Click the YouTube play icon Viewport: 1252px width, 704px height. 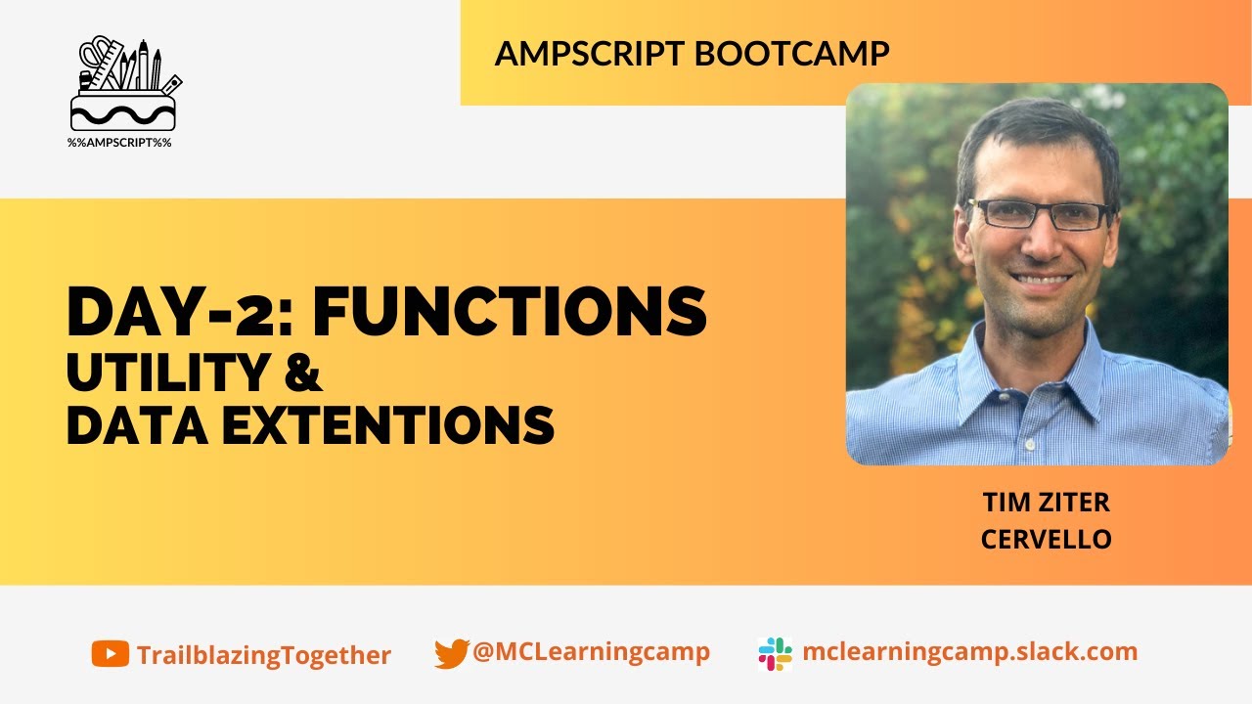110,653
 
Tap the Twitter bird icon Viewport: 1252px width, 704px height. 451,653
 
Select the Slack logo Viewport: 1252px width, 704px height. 775,653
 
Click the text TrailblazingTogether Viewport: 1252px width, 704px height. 264,655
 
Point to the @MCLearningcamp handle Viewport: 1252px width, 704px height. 591,652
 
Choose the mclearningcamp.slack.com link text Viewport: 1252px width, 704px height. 969,652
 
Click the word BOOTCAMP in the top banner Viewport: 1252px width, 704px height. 791,54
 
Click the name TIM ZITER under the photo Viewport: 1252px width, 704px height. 1046,504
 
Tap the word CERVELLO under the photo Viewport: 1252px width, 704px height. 1046,539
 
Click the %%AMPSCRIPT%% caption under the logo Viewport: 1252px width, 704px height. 119,143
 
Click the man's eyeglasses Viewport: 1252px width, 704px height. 1039,214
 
